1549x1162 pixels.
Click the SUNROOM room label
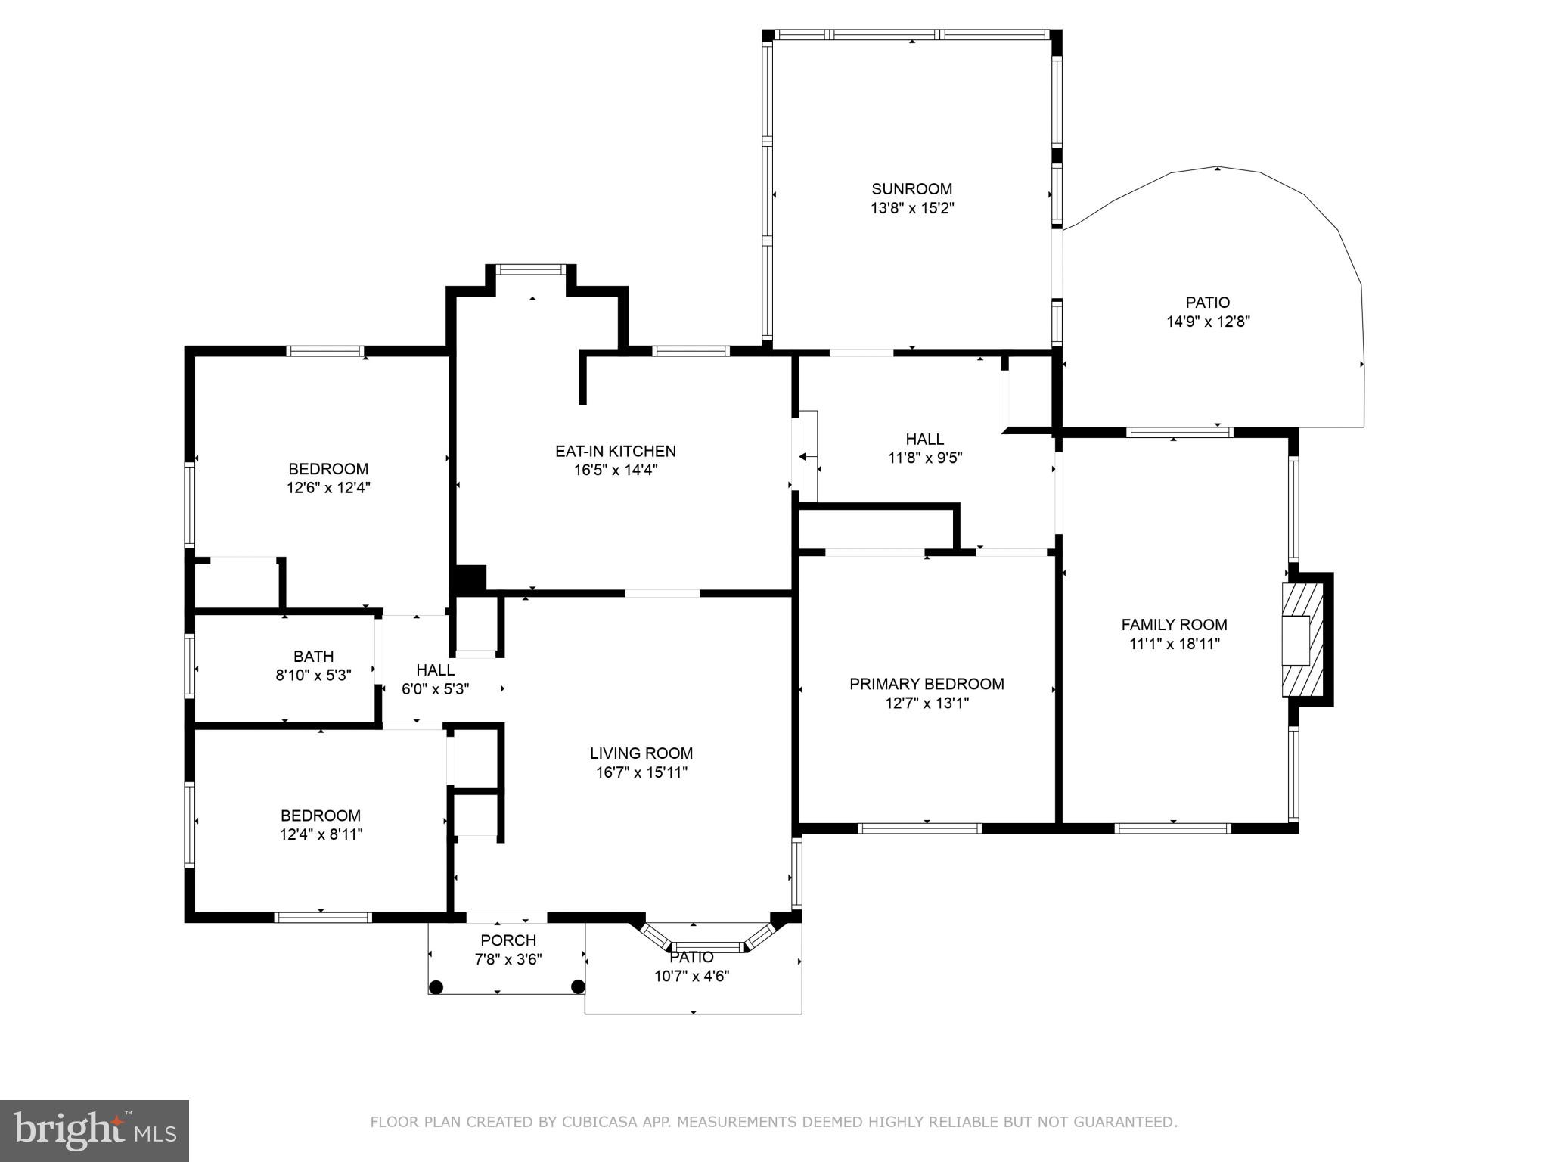(x=911, y=189)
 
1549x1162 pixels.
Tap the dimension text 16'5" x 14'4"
(x=616, y=470)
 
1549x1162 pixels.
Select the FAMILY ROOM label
(x=1174, y=625)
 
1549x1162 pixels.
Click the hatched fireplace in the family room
(x=1302, y=640)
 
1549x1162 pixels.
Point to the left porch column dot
(x=436, y=986)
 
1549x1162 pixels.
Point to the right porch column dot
(x=578, y=986)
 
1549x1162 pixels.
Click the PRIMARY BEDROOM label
(x=927, y=684)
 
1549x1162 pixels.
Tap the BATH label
(x=313, y=657)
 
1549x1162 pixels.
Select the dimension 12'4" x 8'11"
(x=321, y=834)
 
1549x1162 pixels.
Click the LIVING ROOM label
(x=641, y=753)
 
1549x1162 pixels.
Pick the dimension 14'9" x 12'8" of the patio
(x=1208, y=322)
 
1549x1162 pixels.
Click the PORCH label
(x=508, y=940)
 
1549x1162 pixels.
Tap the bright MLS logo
(x=95, y=1130)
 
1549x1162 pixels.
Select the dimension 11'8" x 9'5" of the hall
(x=924, y=458)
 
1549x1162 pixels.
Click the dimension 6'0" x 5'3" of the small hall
(x=435, y=689)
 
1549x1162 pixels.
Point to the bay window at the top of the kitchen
(x=531, y=269)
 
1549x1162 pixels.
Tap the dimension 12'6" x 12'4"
(x=328, y=488)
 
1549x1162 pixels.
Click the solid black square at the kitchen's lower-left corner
(x=470, y=579)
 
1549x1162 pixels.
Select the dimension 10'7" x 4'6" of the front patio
(x=691, y=976)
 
